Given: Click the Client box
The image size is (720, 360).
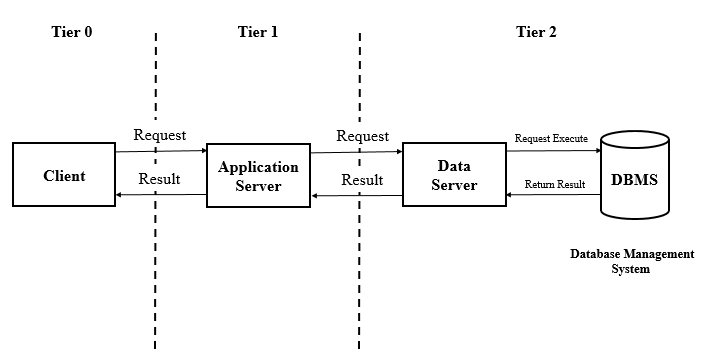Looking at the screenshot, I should click(x=64, y=175).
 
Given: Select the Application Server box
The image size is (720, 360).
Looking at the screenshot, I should click(x=258, y=175).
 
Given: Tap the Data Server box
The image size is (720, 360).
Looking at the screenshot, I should click(x=454, y=175).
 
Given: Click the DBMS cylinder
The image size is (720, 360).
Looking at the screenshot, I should click(x=634, y=181).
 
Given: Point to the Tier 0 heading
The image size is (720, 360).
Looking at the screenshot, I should click(x=72, y=32).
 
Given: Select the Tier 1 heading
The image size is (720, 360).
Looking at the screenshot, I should click(x=257, y=32).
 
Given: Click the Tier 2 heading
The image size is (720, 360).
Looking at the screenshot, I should click(x=537, y=32).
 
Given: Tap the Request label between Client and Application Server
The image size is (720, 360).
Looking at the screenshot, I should click(x=160, y=134).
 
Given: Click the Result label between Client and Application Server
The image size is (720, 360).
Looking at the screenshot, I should click(x=159, y=179).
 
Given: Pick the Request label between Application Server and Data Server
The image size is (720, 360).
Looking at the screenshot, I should click(x=362, y=134).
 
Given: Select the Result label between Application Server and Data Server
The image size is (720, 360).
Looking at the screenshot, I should click(x=362, y=180).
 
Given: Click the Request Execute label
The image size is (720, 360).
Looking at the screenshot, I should click(x=550, y=137).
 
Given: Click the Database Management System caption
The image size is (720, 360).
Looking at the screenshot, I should click(x=631, y=262).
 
